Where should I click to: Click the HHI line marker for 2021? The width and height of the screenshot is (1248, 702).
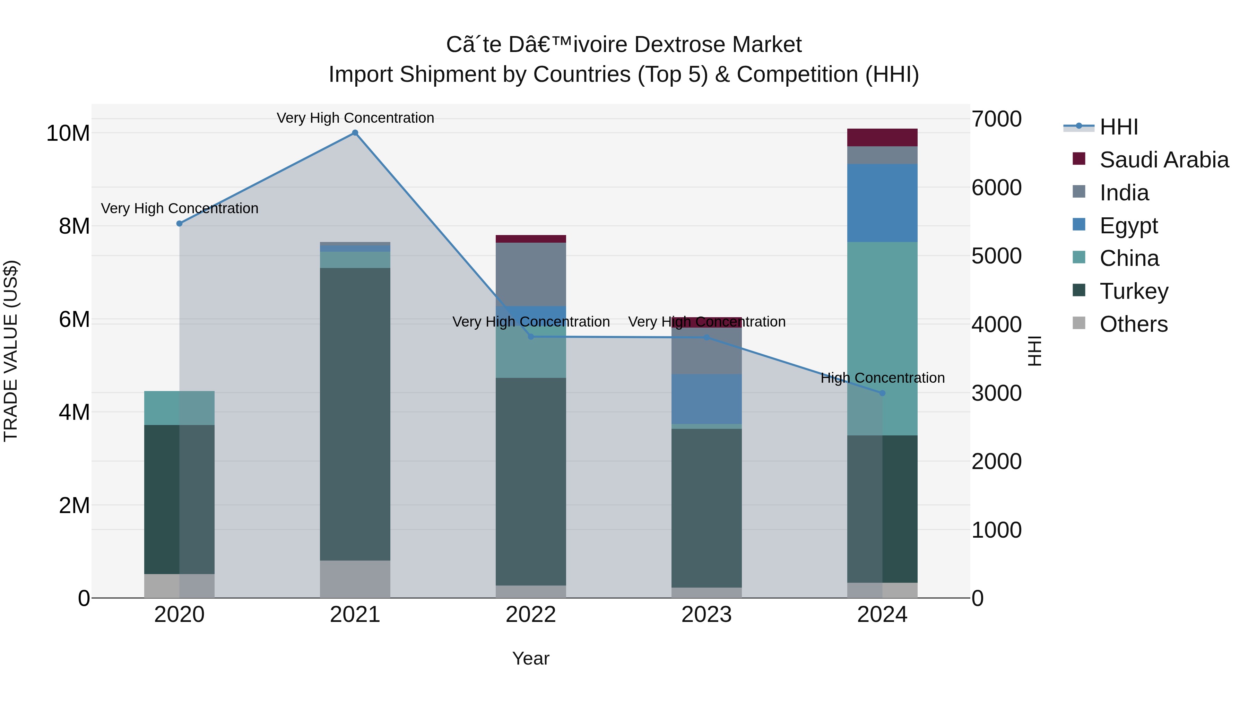tap(355, 133)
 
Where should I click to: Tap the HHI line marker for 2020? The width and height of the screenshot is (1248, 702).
tap(179, 223)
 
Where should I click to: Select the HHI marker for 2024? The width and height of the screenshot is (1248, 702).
tap(882, 393)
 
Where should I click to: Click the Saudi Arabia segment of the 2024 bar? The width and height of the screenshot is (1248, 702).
tap(882, 138)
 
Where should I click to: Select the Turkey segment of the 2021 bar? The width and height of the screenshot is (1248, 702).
tap(355, 414)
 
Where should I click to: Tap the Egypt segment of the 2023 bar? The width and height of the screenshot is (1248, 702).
tap(707, 399)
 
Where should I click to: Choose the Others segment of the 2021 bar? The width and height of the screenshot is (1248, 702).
tap(355, 579)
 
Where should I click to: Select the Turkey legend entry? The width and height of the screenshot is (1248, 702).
tap(1134, 291)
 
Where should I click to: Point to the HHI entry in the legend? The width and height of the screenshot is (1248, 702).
tap(1118, 127)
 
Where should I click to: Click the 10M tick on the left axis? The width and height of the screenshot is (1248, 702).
tap(68, 133)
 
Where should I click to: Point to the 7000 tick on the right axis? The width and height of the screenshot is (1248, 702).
tap(997, 119)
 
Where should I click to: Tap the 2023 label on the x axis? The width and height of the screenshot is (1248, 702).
tap(707, 615)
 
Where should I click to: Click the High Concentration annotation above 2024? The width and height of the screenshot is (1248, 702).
tap(882, 378)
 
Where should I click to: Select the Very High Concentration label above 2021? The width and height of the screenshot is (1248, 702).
tap(355, 118)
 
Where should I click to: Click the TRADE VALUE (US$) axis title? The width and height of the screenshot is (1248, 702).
tap(11, 351)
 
